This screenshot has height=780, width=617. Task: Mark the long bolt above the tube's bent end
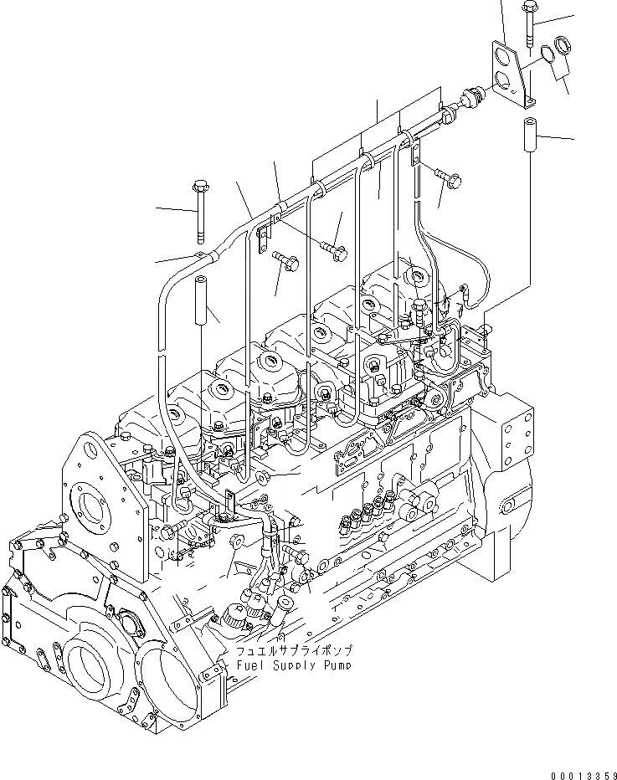199,208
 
